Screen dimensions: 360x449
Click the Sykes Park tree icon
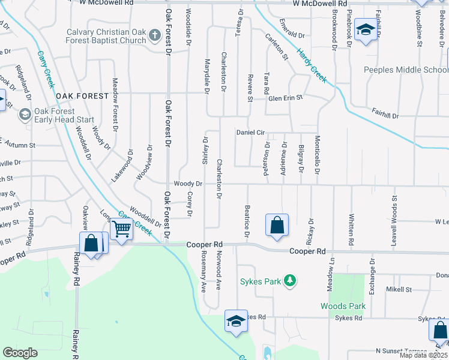[x=290, y=280]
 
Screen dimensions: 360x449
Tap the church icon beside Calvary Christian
[x=154, y=35]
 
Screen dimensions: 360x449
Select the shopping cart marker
[x=121, y=229]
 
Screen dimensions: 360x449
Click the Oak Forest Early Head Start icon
[x=25, y=114]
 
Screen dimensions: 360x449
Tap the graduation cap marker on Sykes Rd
[x=236, y=321]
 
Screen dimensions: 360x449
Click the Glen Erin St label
[x=285, y=97]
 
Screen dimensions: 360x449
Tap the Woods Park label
[x=343, y=306]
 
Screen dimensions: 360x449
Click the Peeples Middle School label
[x=405, y=70]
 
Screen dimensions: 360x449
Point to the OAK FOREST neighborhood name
[x=82, y=96]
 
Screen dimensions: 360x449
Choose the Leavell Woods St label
[x=394, y=214]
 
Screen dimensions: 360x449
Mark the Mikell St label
[x=399, y=289]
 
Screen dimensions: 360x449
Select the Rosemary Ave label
[x=203, y=271]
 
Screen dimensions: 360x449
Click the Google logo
[x=20, y=353]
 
